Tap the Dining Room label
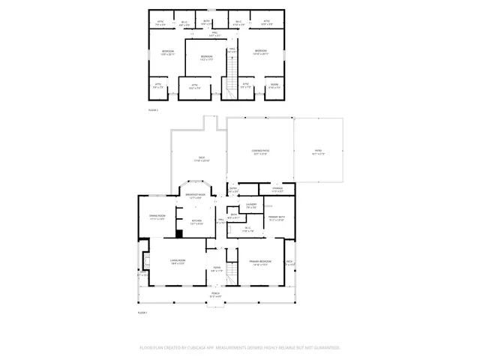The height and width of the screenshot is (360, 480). coord(157,216)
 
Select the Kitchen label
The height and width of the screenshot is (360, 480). coord(196,220)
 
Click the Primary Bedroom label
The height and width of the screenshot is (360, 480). coord(259,260)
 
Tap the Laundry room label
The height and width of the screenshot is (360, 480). coord(251,203)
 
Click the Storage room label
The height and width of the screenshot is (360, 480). coord(277,188)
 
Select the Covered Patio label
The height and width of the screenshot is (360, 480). coord(259,151)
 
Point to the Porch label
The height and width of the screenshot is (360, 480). coord(215,293)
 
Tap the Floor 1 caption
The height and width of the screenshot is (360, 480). coord(142,312)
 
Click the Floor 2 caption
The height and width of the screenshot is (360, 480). coord(153,110)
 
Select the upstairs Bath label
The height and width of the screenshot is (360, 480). coord(206,21)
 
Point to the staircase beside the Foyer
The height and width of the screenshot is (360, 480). coord(232,272)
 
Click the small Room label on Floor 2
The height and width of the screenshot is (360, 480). coord(274,84)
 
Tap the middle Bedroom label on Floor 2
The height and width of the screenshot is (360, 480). coord(207,56)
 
